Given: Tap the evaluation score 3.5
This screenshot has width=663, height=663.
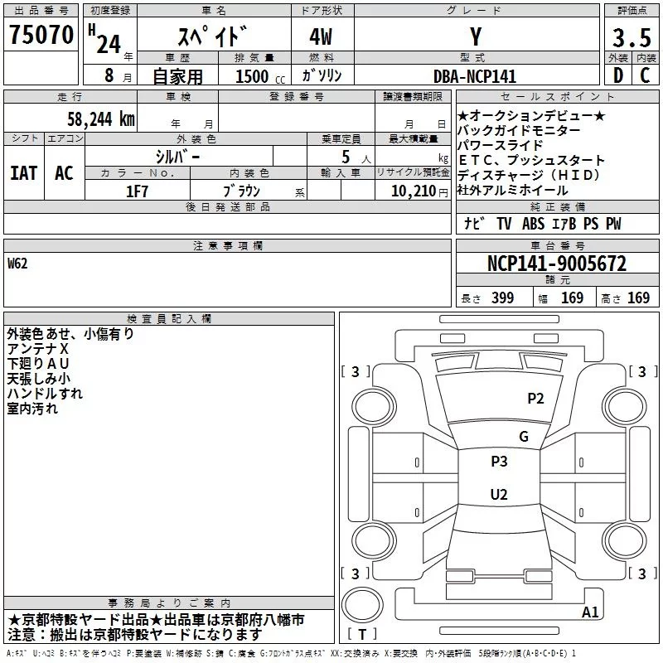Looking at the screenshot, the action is pos(631,37).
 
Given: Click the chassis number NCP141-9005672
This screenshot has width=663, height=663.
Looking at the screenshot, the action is pos(556,264).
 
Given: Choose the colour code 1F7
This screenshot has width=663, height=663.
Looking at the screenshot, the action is pos(137,191).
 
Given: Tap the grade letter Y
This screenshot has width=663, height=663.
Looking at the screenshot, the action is pos(476,37).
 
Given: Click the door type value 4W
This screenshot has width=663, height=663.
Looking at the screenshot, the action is pos(322,37).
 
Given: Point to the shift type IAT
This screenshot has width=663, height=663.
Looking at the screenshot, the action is pos(23,172).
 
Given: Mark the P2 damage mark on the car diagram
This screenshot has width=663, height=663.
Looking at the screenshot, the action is pos(536,399).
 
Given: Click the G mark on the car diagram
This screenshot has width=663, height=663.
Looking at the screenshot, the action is pos(523,437).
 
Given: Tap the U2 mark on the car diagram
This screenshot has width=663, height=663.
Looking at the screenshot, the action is pos(498,495).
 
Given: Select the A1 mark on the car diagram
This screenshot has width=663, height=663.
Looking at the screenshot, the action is pos(590,612).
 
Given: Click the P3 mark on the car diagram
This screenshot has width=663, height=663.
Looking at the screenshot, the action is pos(499,462).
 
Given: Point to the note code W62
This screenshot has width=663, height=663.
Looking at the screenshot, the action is pos(17,265).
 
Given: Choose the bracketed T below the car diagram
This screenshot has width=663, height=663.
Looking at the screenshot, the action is pos(362,635).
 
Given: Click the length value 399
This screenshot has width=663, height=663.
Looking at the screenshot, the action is pos(502,298).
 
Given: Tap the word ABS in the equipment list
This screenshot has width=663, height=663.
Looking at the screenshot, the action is pos(534,224).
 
